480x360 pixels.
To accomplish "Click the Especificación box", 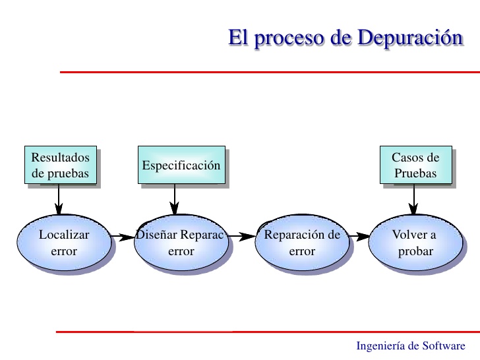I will click(181, 165).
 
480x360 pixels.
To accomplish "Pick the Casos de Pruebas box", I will click(416, 165).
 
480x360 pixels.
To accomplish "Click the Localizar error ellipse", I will click(64, 243).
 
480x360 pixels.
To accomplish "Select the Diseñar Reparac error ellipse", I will click(181, 243).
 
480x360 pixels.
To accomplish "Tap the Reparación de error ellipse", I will click(302, 243).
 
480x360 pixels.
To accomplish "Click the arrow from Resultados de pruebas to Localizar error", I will click(59, 198).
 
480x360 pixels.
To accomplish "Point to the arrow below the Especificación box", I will click(175, 198).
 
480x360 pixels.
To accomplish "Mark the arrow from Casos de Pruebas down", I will click(414, 198).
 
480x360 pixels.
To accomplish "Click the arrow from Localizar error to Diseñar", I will click(122, 235).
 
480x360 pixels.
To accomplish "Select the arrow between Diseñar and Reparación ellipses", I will click(242, 235).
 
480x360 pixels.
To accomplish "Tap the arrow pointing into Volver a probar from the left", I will click(359, 235).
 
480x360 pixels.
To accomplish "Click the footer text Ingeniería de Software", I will click(410, 346).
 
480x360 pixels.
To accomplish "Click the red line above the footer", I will click(264, 332).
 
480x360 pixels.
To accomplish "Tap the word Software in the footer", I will click(444, 346).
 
